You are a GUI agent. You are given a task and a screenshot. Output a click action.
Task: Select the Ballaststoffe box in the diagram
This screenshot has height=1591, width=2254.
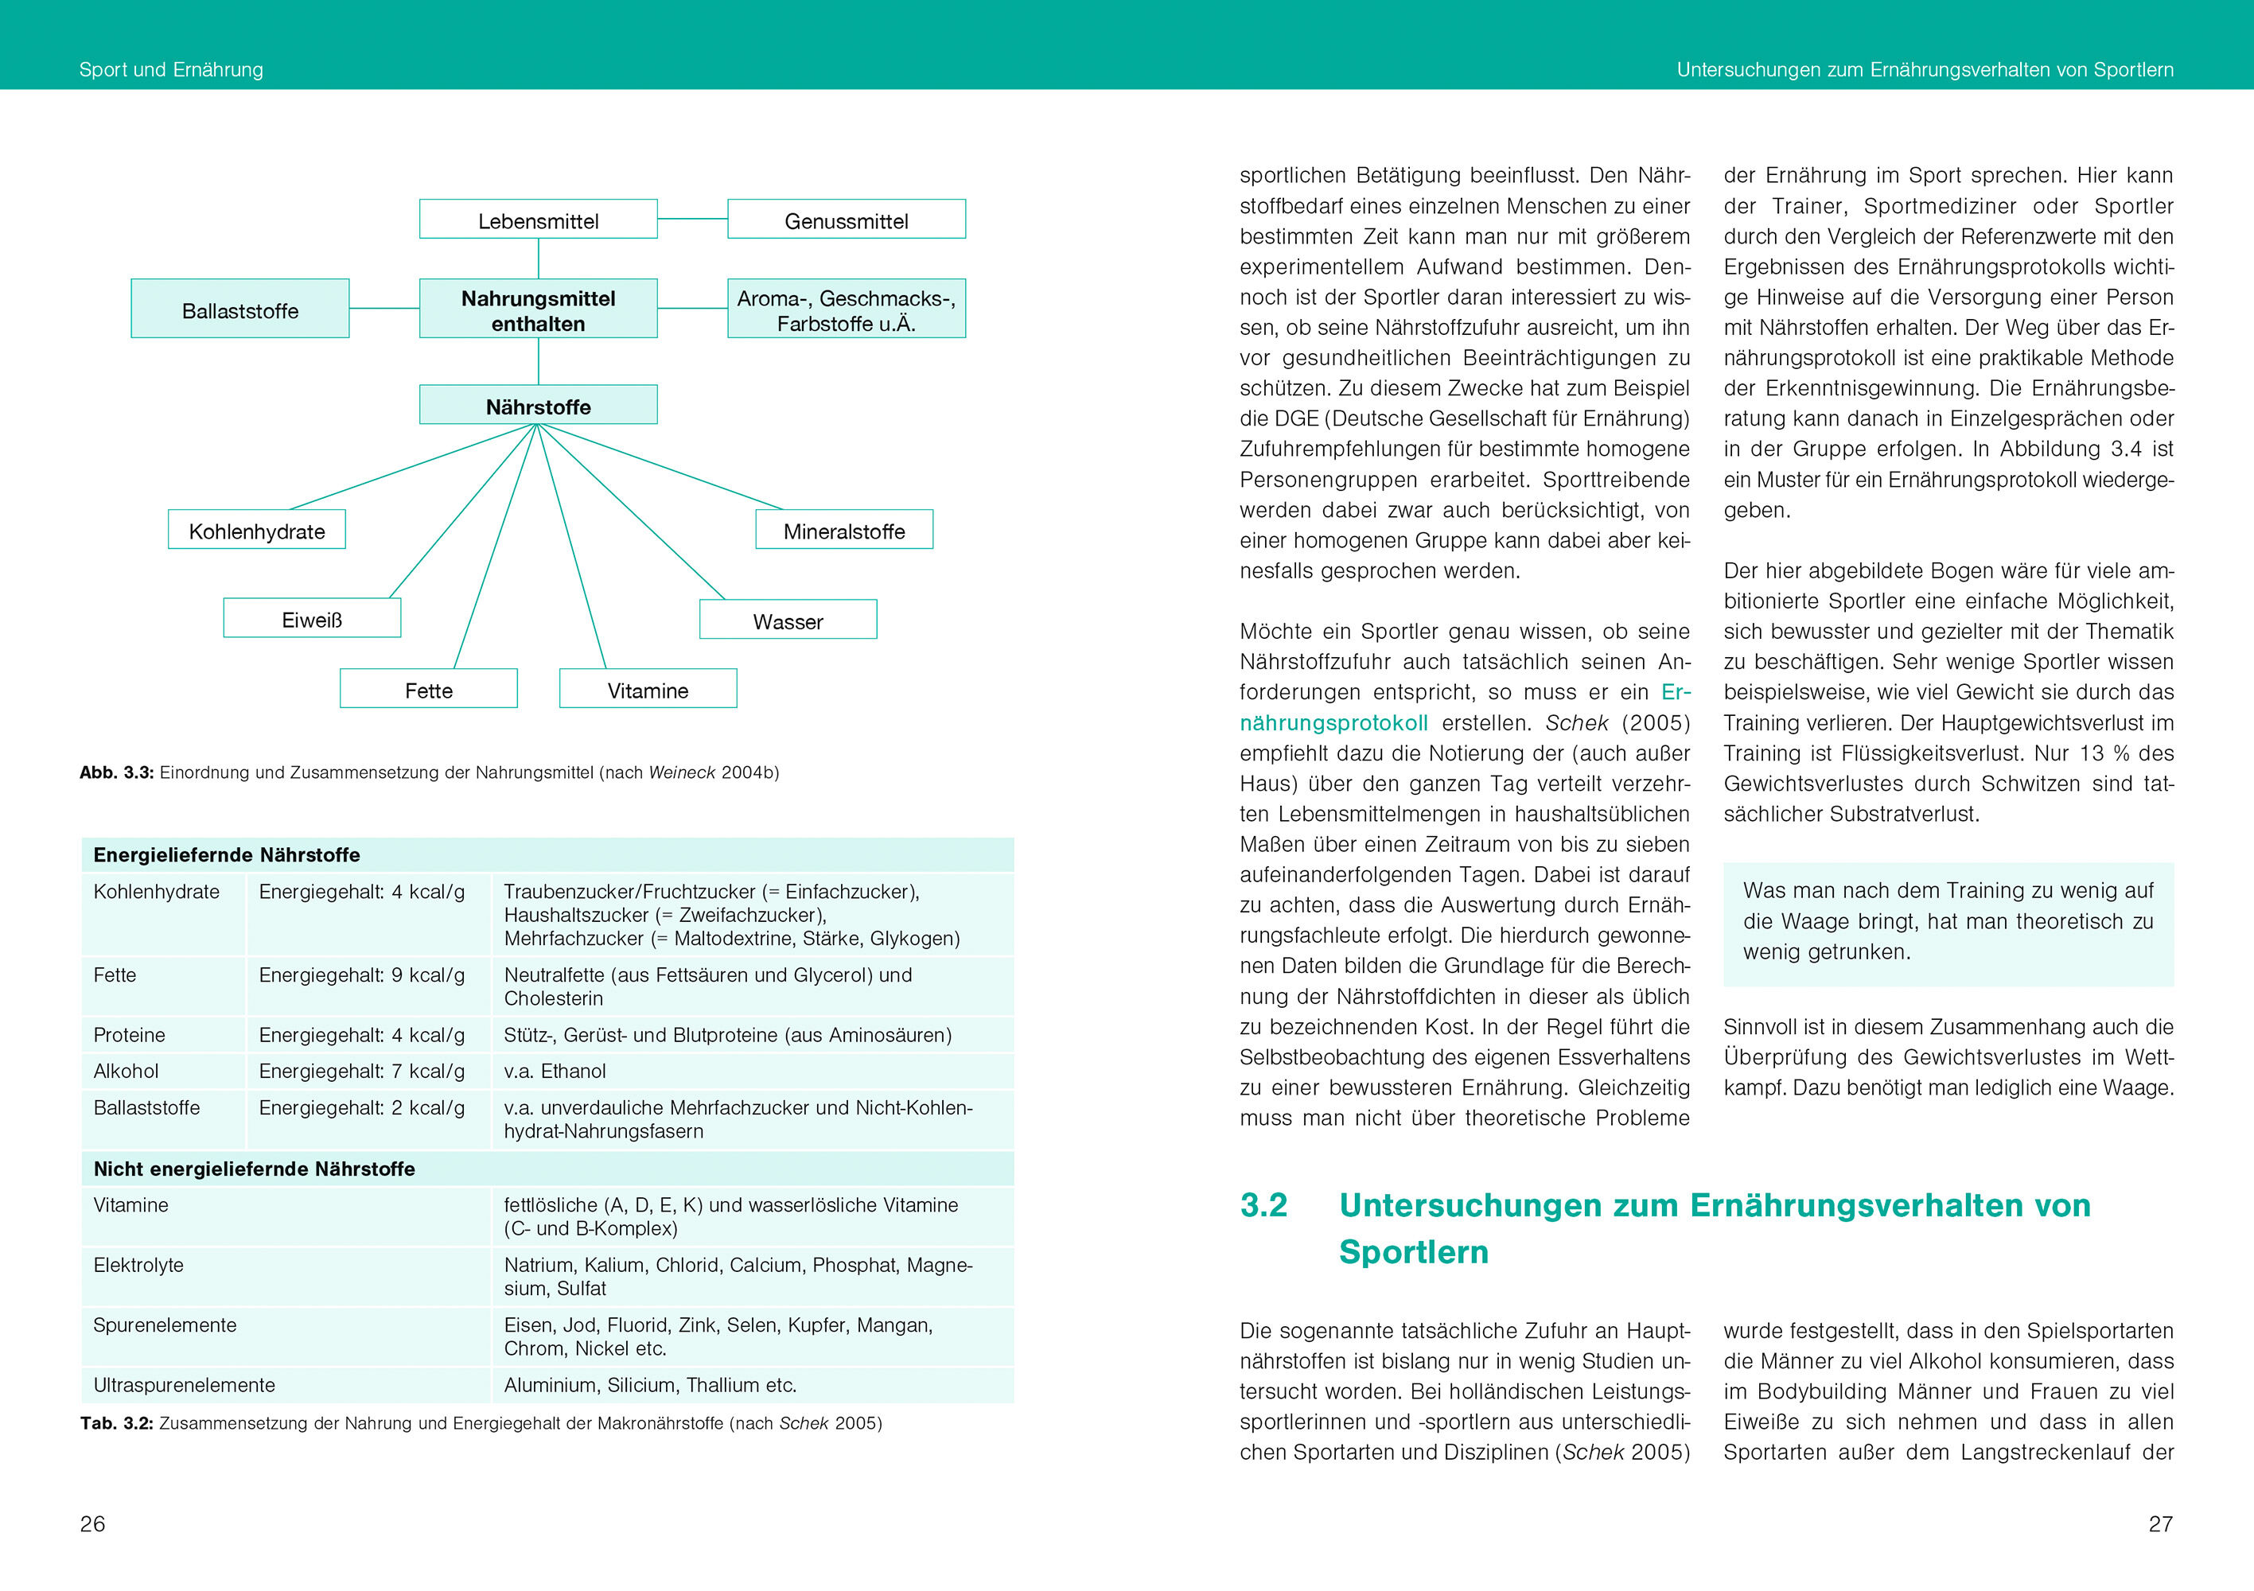[x=239, y=309]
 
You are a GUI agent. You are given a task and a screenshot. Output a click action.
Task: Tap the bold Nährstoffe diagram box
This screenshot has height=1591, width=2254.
[x=538, y=406]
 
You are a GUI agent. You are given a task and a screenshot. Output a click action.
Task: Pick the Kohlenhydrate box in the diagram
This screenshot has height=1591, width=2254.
[x=256, y=530]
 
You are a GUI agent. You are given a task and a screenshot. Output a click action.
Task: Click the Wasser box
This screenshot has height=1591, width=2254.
[x=788, y=620]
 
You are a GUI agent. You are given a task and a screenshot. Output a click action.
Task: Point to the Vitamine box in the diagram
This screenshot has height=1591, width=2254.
[x=647, y=689]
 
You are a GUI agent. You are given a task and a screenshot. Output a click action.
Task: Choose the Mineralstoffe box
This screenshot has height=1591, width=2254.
[x=843, y=530]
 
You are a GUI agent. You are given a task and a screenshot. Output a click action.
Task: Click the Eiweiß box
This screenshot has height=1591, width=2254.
[x=311, y=618]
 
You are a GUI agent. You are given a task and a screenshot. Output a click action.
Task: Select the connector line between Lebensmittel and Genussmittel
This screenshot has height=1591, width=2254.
[x=692, y=219]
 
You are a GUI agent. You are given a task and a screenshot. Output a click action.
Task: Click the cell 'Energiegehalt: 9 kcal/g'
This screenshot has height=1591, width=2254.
[x=361, y=974]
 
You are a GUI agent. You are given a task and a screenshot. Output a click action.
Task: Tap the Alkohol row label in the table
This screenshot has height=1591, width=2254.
[x=126, y=1071]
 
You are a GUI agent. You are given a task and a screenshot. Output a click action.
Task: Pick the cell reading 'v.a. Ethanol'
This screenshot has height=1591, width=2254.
[x=555, y=1071]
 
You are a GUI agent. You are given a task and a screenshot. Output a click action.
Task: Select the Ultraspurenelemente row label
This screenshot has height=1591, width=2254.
[x=184, y=1385]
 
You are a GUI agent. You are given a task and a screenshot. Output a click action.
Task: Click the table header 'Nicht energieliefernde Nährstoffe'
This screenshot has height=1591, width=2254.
[x=255, y=1169]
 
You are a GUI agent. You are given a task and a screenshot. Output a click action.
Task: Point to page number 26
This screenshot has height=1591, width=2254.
[x=92, y=1523]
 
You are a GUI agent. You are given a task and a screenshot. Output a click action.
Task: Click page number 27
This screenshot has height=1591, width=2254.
[x=2160, y=1523]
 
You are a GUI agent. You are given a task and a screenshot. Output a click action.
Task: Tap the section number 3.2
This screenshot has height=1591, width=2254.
[x=1263, y=1205]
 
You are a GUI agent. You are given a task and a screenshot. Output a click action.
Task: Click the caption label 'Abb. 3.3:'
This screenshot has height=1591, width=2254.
[x=117, y=772]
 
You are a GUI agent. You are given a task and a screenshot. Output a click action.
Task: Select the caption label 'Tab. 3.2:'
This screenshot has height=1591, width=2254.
[x=117, y=1423]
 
